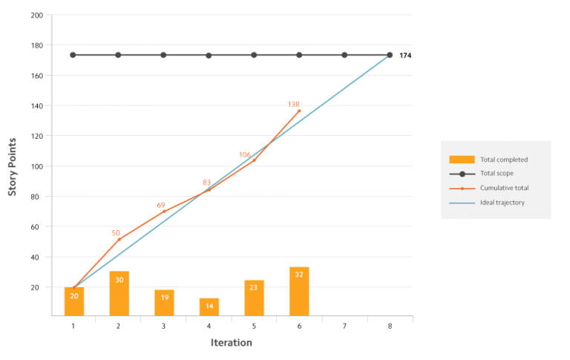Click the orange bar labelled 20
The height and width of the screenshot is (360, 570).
(74, 301)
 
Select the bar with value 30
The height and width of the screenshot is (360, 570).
(119, 293)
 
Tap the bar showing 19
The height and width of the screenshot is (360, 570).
(164, 302)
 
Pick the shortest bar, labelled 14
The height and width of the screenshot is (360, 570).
(209, 307)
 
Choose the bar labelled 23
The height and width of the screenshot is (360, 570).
(254, 298)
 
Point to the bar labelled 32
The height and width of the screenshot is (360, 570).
(299, 291)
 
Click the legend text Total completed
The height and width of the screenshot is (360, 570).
(504, 160)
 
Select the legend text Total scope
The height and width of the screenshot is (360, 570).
(497, 174)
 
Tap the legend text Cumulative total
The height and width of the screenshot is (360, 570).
(502, 188)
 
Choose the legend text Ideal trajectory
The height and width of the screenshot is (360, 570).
(502, 202)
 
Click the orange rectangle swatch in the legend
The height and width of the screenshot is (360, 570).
(462, 160)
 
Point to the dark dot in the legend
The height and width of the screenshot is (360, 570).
(462, 174)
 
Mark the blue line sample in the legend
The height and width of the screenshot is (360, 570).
(462, 202)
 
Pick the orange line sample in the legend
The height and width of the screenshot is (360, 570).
(462, 188)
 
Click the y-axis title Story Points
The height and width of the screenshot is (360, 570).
(13, 166)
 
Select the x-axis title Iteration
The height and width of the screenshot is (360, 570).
(232, 343)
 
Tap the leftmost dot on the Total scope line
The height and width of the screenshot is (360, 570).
(73, 55)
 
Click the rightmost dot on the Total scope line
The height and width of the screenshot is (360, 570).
(390, 55)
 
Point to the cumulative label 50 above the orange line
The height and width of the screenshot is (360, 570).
(117, 233)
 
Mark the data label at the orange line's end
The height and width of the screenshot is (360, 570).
(294, 105)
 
